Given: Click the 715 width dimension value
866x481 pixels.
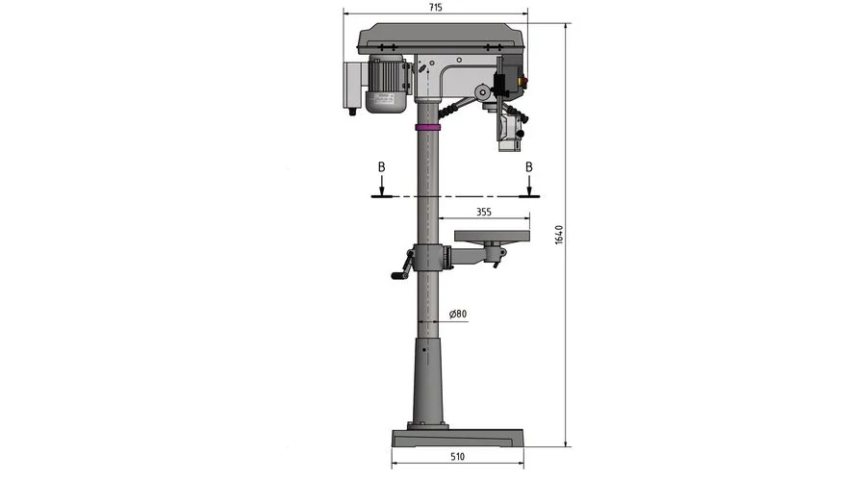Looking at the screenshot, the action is pos(435,8).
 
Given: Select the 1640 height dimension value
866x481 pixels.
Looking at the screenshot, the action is pos(559,235).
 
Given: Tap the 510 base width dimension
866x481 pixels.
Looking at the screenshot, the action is pos(457,457).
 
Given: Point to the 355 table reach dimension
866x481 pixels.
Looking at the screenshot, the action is pos(484,212).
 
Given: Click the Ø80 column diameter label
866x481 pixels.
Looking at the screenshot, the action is pos(458,315).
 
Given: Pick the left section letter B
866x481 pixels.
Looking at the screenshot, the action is pos(381,166).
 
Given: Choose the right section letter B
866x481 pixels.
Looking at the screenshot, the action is pos(529,166).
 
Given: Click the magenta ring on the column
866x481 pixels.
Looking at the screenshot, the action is pos(428,128).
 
